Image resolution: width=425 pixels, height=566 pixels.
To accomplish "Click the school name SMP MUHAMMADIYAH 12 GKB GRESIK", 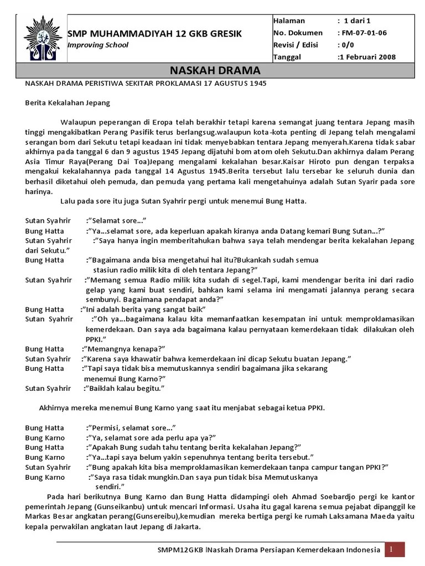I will point(154,34).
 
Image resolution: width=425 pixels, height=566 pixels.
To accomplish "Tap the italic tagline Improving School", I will point(97,45).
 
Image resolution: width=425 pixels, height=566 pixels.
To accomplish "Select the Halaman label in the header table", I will point(289,20).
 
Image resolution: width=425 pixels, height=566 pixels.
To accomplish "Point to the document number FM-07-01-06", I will point(364,33).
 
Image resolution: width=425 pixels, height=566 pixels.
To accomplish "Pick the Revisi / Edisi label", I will point(296,45).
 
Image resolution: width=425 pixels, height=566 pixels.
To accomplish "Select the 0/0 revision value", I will point(349,45).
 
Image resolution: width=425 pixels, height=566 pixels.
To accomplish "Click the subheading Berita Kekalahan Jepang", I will point(68,102).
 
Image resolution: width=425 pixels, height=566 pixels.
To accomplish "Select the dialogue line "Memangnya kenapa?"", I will point(125,349).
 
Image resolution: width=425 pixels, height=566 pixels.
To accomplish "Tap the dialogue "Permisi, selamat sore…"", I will point(131,428).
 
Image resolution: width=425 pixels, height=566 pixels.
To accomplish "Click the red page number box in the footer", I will point(396,549).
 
